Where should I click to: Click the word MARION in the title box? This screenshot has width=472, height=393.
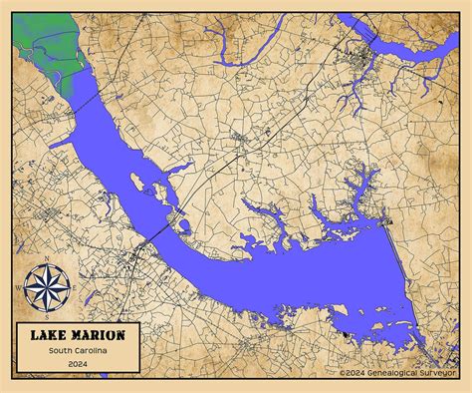pos(100,335)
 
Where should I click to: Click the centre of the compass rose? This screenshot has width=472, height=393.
pos(46,287)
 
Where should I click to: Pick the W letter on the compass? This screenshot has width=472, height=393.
pos(19,287)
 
